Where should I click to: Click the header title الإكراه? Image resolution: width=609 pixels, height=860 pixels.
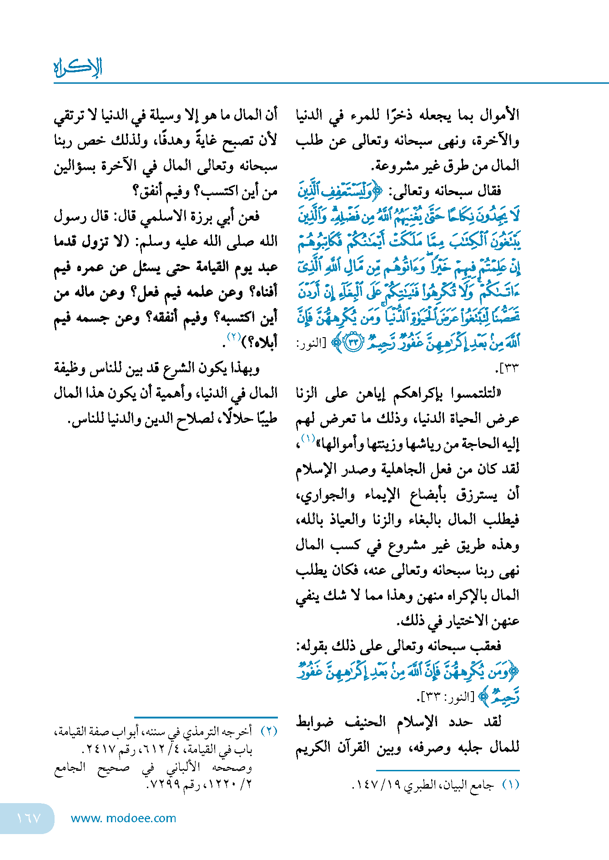click(78, 68)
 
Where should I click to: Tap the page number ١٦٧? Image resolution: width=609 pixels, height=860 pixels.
click(29, 818)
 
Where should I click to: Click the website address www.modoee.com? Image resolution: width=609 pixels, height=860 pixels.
click(123, 818)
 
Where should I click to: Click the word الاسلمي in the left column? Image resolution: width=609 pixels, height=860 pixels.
click(163, 216)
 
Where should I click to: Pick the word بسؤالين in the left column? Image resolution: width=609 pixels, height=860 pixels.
click(75, 166)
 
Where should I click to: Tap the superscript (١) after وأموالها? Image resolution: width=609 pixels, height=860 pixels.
click(308, 439)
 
